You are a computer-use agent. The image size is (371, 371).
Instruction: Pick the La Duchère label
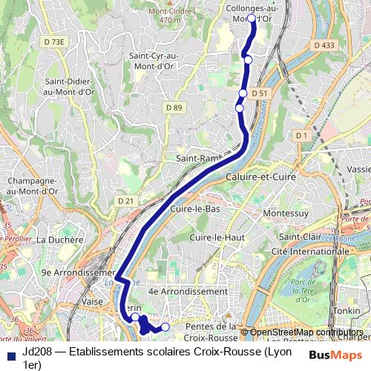[57, 239]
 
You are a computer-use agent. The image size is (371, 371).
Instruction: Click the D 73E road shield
[55, 42]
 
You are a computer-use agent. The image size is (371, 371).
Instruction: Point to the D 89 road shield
[174, 108]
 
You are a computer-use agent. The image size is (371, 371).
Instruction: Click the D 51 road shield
[258, 93]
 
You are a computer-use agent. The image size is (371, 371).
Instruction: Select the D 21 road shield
[125, 200]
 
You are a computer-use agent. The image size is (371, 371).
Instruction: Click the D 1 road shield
[300, 136]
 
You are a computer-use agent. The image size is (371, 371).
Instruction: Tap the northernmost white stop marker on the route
[251, 19]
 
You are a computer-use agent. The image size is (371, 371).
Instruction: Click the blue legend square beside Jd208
[10, 354]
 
